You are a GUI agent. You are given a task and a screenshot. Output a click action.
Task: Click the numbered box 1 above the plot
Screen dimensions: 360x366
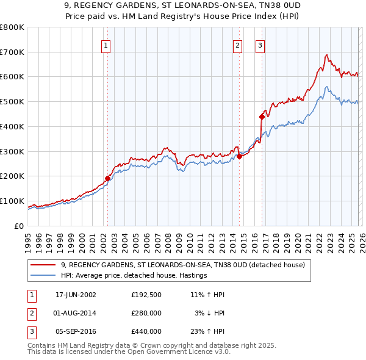click(x=106, y=45)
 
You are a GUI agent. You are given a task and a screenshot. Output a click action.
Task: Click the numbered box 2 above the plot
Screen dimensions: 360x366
click(x=237, y=45)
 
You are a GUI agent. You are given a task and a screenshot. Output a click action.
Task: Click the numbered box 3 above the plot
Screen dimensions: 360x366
click(x=260, y=45)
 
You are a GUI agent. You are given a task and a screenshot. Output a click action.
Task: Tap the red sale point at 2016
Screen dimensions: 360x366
click(x=262, y=116)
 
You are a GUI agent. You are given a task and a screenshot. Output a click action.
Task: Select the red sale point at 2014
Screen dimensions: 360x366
click(x=239, y=156)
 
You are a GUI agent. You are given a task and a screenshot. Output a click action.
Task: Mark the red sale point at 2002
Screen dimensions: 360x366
click(x=108, y=178)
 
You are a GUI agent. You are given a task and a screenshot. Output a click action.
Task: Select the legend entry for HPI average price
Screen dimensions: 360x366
click(x=134, y=275)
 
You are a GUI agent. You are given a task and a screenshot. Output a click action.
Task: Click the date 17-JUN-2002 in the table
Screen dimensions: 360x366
click(x=76, y=295)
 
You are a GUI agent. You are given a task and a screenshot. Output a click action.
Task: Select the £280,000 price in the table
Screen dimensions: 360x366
click(x=146, y=313)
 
